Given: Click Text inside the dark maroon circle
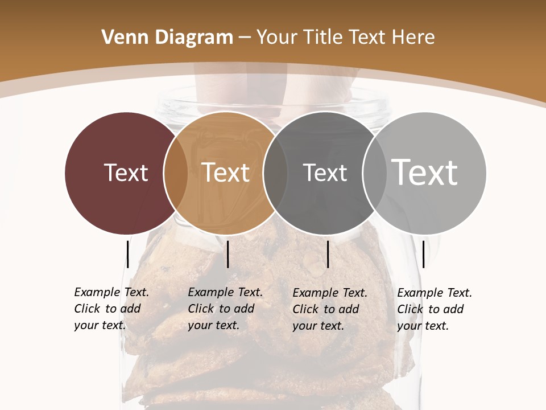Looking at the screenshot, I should [126, 173].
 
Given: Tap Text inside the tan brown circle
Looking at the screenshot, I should [226, 173].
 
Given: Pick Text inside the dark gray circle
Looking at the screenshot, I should [325, 173].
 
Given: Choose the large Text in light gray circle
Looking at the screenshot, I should [424, 172].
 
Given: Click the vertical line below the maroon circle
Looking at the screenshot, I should [128, 254].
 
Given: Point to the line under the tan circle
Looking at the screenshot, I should [227, 254].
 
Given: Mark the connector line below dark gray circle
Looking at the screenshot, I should [328, 254].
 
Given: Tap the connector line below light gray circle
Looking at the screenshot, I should [424, 254].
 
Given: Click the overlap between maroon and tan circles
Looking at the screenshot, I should [176, 173].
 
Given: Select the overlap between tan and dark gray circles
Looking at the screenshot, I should [275, 173].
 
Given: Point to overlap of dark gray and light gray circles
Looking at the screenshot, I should [374, 173].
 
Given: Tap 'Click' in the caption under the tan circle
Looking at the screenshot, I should [201, 309].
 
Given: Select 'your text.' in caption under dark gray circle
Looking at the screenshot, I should [318, 326].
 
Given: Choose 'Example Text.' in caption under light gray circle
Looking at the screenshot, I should [435, 293].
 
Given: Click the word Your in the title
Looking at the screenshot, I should [277, 38].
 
